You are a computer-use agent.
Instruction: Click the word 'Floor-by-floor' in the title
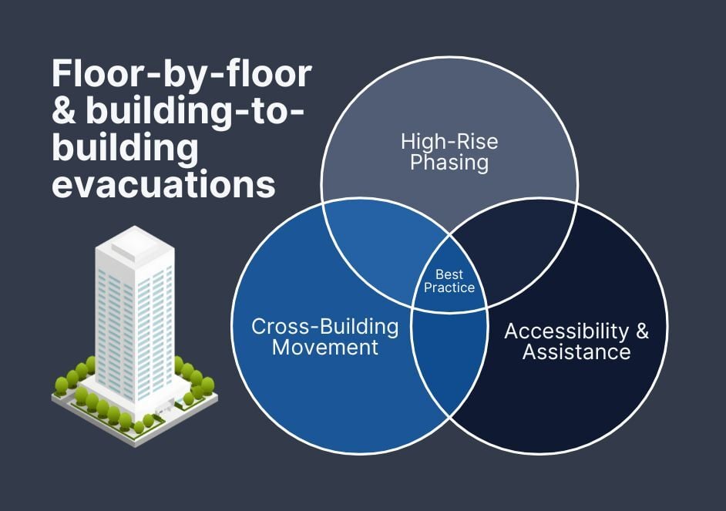182,75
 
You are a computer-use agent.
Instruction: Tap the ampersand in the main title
62,112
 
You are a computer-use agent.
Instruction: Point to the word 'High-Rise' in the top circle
449,142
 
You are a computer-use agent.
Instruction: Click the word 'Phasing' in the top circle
449,163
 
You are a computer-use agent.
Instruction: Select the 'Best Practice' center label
449,281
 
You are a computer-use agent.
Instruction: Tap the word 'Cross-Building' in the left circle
325,327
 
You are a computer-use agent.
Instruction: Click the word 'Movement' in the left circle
325,348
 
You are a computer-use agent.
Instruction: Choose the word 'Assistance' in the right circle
576,352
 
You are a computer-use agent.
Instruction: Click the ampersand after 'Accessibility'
641,331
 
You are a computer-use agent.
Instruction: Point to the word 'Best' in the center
449,274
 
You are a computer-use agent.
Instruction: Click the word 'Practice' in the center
449,288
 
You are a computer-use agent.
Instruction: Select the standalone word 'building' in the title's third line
125,149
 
